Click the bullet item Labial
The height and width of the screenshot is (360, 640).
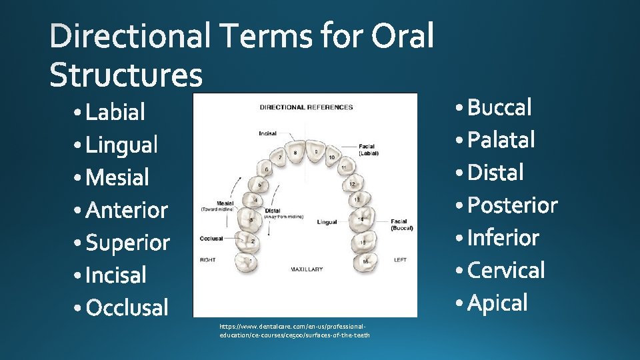click(x=115, y=112)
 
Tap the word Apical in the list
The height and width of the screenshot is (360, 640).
click(x=497, y=303)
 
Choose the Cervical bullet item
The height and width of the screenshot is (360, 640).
click(x=506, y=270)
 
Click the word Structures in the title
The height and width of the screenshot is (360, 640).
click(x=125, y=75)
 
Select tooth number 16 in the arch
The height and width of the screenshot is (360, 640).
click(x=365, y=261)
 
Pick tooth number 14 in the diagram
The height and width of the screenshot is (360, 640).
click(x=361, y=219)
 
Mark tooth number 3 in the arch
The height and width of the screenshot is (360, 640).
click(x=251, y=219)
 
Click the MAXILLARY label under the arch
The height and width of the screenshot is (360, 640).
click(x=306, y=269)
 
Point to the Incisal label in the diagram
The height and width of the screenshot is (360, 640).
click(x=267, y=134)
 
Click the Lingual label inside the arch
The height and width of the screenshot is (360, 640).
click(x=327, y=222)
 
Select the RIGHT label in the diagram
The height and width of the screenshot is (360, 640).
click(x=207, y=259)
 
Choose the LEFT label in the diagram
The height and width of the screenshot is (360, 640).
click(x=400, y=260)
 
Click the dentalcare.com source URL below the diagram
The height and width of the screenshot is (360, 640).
click(x=294, y=330)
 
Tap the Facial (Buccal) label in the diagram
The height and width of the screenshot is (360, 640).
click(x=401, y=225)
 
